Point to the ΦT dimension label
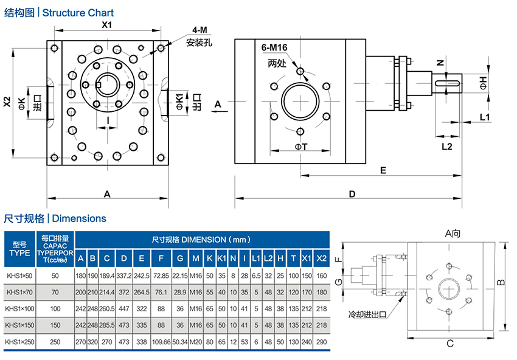click(300, 146)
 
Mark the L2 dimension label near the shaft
click(446, 146)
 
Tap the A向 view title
click(453, 232)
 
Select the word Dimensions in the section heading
click(80, 218)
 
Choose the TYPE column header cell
click(19, 249)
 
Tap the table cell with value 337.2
click(123, 275)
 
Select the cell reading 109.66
click(161, 343)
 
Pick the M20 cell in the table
click(196, 343)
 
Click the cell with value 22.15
click(180, 275)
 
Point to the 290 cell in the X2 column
click(322, 343)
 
